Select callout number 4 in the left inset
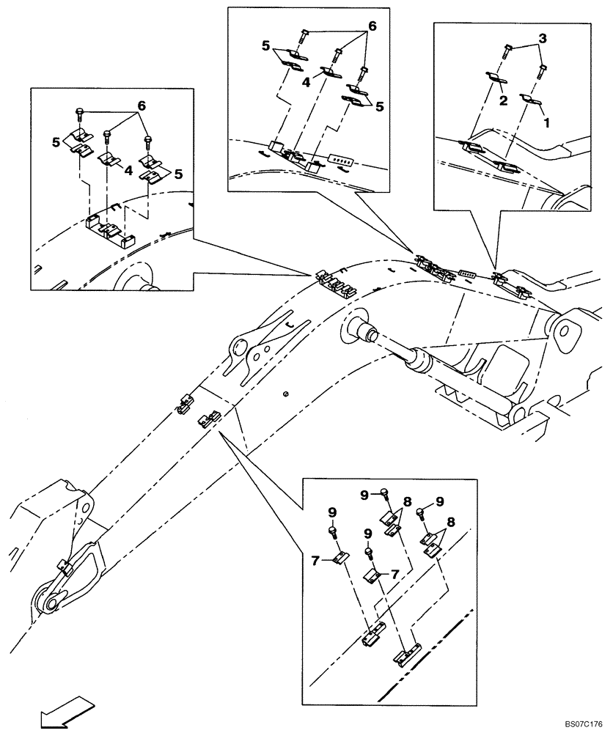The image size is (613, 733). point(128,170)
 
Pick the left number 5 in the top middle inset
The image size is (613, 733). point(265,45)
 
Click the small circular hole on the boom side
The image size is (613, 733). point(286,394)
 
